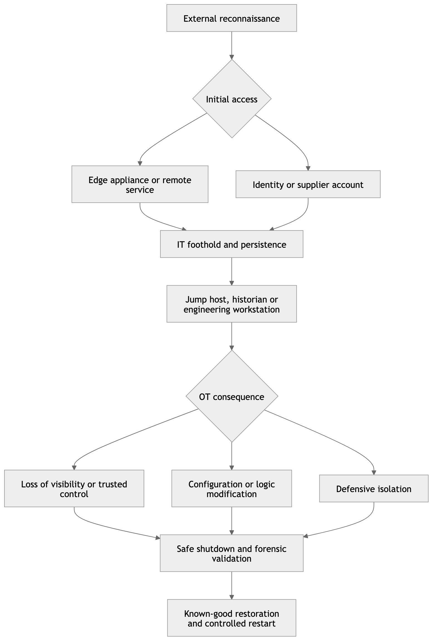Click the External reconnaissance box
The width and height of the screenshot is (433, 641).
[x=232, y=18]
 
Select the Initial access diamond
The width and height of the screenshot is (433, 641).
[x=232, y=99]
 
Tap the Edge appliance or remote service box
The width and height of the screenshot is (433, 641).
[x=140, y=184]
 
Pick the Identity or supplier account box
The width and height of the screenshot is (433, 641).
[x=308, y=184]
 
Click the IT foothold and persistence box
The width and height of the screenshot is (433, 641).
[x=232, y=244]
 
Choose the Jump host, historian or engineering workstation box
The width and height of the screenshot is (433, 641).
[x=232, y=304]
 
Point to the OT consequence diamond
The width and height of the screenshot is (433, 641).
[x=232, y=396]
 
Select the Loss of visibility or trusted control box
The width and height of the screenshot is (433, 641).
[x=74, y=488]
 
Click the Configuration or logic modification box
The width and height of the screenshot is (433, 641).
[x=232, y=488]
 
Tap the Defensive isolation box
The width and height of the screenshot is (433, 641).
[x=374, y=488]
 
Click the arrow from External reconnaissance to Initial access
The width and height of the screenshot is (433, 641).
[x=232, y=46]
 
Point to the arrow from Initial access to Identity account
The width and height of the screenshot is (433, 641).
[x=290, y=139]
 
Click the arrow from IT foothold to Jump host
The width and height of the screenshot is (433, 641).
[x=232, y=272]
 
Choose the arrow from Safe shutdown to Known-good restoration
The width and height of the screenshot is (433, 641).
[x=232, y=586]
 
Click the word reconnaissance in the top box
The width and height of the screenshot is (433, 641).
[x=250, y=19]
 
